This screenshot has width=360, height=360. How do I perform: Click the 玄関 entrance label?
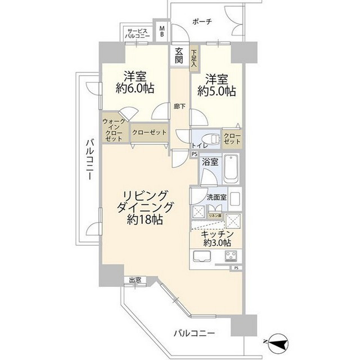[x=179, y=55]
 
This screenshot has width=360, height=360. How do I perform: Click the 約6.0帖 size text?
[x=136, y=88]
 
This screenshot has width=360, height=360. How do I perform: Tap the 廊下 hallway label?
[x=179, y=105]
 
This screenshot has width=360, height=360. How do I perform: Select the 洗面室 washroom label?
[x=216, y=197]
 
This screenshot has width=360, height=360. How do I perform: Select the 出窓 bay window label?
[x=134, y=280]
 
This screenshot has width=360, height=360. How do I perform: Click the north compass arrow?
[x=277, y=341]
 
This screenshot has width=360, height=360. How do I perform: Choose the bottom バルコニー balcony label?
[x=194, y=334]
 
